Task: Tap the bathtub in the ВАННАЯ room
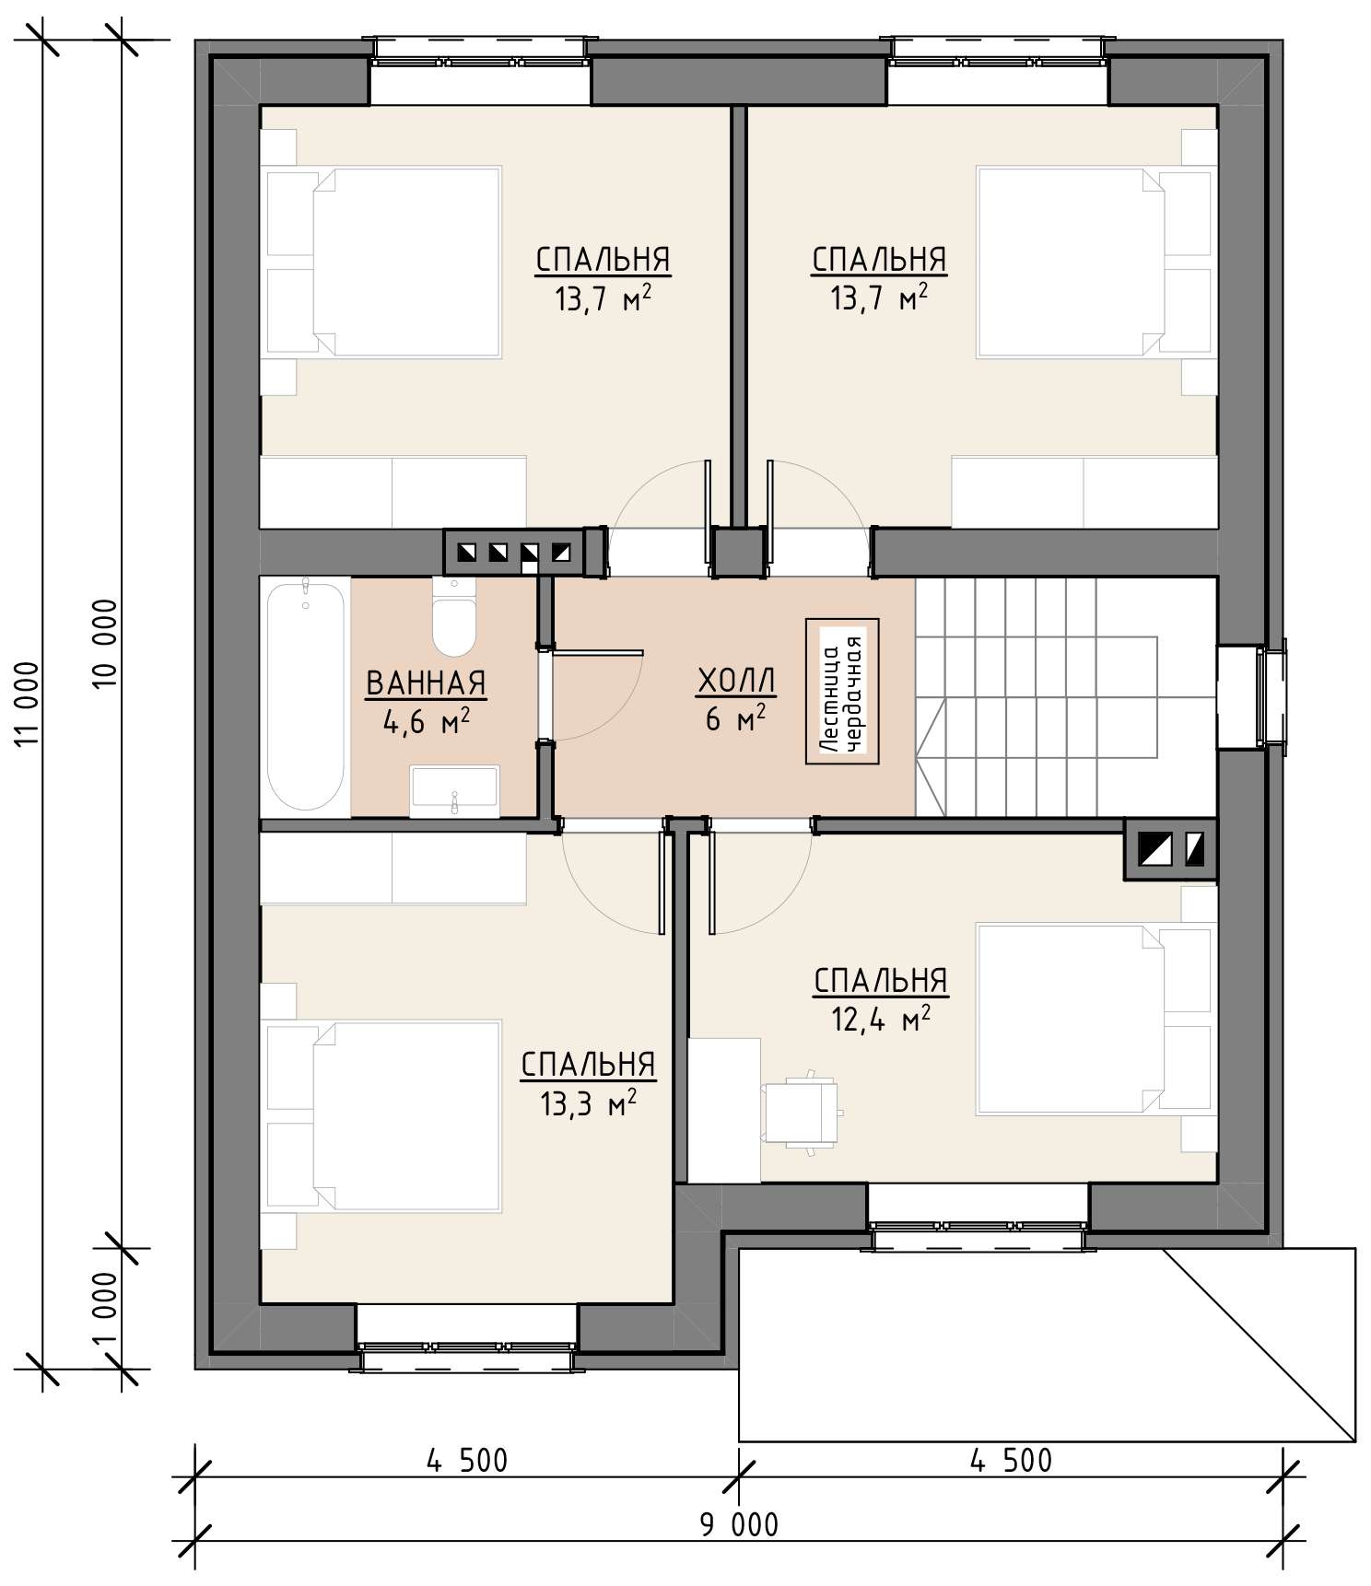(305, 696)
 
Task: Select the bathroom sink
(454, 790)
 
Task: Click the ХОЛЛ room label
(736, 682)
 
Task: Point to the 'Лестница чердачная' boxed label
(842, 691)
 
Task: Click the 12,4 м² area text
(881, 1020)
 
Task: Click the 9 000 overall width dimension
(738, 1524)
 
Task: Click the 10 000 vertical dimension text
(106, 643)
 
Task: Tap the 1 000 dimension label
(106, 1308)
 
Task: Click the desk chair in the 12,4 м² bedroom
(802, 1112)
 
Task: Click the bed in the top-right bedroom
(1094, 262)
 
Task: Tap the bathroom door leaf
(596, 652)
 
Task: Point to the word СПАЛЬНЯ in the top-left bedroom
(603, 260)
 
